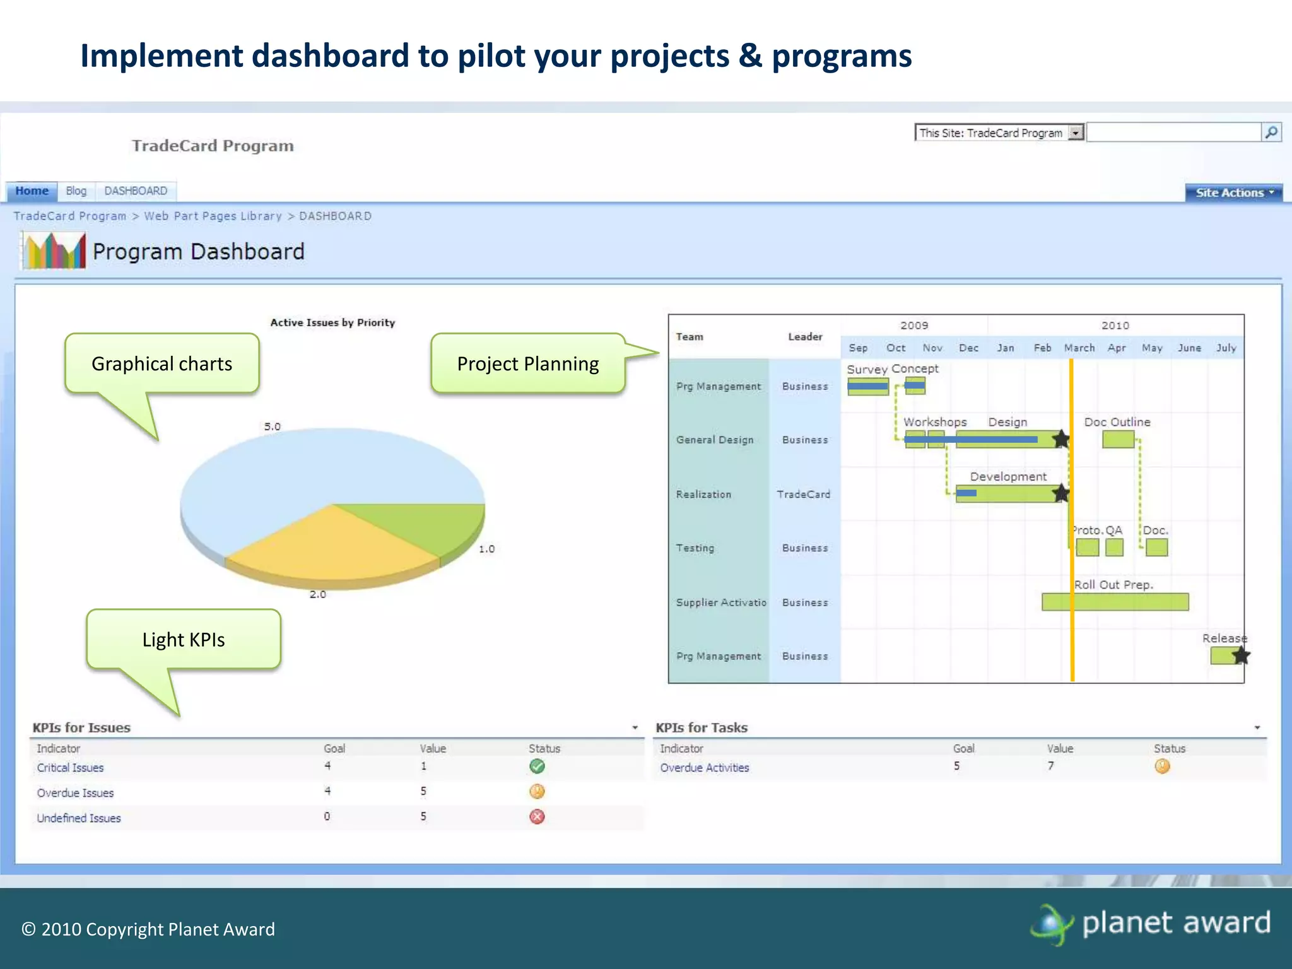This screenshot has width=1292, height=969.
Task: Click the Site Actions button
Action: point(1233,193)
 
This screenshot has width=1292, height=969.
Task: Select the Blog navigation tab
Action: point(76,191)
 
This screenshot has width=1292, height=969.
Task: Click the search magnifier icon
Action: point(1271,132)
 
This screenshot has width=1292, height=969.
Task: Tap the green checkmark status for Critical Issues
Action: point(537,766)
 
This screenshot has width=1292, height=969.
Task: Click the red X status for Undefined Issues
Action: point(537,817)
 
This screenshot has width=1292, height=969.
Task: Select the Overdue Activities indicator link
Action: point(704,768)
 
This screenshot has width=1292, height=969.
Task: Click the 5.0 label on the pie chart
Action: point(272,426)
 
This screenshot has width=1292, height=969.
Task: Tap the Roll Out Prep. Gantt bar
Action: point(1115,602)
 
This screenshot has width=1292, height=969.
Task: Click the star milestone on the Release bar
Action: point(1240,656)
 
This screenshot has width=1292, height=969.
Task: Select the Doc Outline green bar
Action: point(1118,440)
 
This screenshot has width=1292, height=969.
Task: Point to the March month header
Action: point(1079,348)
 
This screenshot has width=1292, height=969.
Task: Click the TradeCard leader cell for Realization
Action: point(803,495)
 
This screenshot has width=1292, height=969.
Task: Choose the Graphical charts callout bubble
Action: point(161,363)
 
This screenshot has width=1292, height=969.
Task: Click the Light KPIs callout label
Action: point(184,640)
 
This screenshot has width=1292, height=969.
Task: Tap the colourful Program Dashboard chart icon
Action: point(54,251)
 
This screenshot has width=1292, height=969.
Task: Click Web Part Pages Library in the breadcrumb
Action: point(213,216)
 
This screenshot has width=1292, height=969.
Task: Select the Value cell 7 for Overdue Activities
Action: point(1050,766)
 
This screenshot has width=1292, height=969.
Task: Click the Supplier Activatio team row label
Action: point(720,602)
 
